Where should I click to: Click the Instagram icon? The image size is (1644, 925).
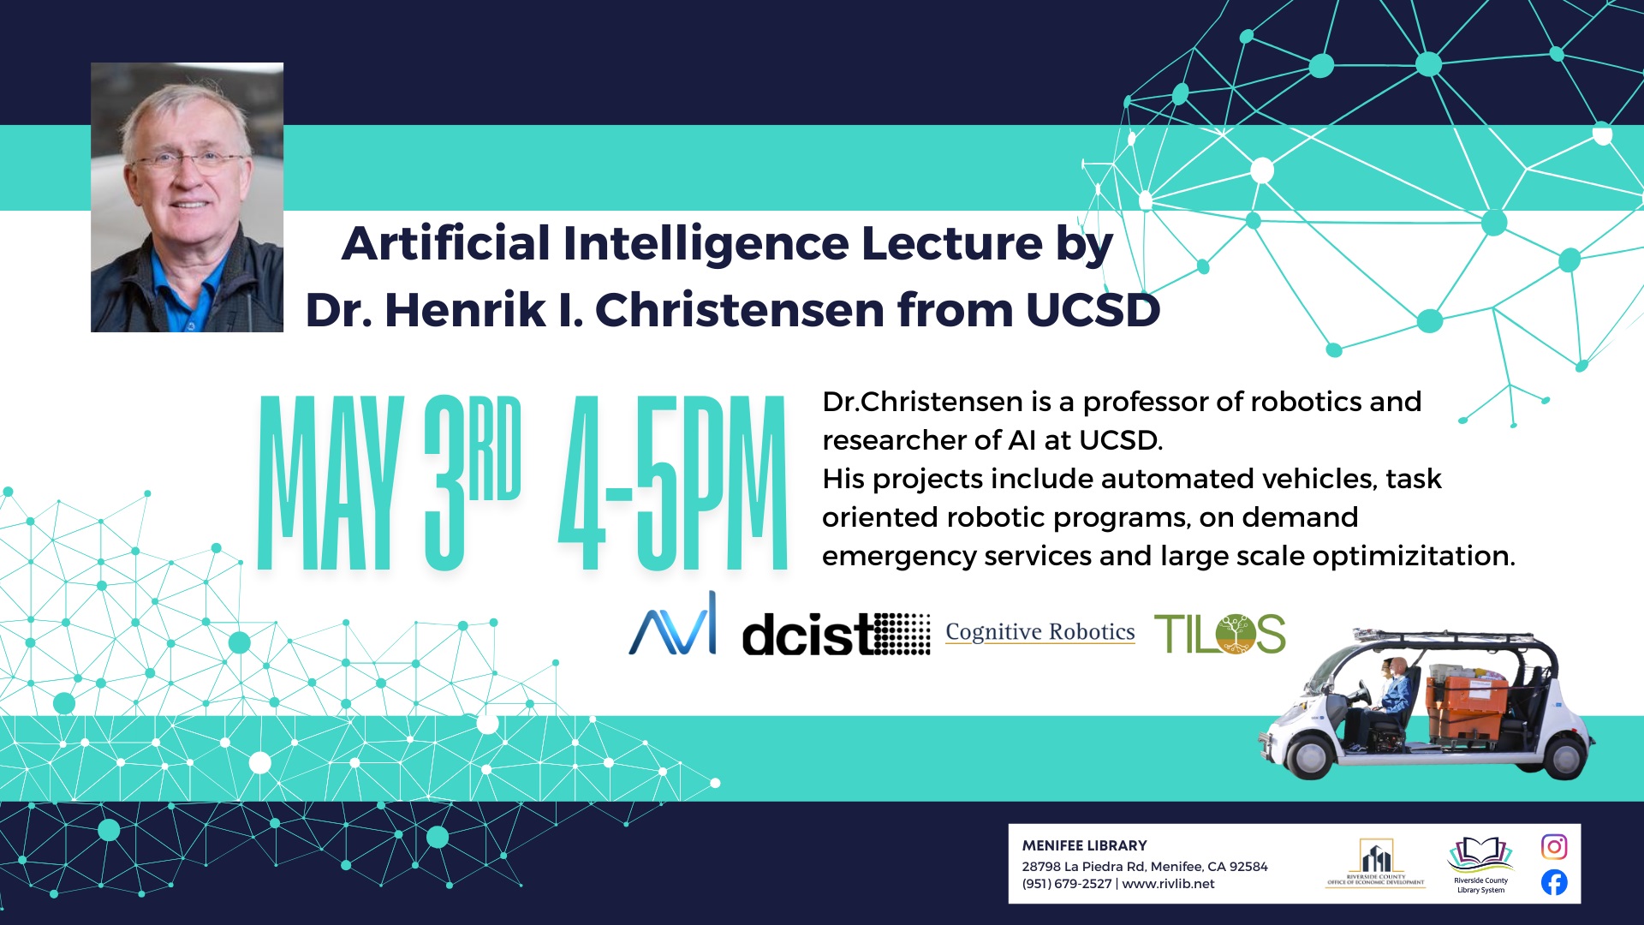pos(1554,847)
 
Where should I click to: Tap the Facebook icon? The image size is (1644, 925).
pos(1554,882)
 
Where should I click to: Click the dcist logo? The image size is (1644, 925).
pos(836,634)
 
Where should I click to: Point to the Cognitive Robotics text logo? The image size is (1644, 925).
pos(1040,632)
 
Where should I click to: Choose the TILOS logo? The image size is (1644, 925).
pos(1220,634)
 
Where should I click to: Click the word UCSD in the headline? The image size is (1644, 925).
pos(1093,310)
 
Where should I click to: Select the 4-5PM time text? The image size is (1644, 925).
pos(673,483)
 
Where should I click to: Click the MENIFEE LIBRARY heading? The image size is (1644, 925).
pos(1084,845)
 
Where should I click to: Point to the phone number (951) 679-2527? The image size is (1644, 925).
pos(1066,884)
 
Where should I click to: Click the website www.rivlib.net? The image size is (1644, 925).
pos(1168,884)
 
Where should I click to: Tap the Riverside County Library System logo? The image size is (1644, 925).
pos(1480,865)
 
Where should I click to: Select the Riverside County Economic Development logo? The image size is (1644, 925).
pos(1376,862)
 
